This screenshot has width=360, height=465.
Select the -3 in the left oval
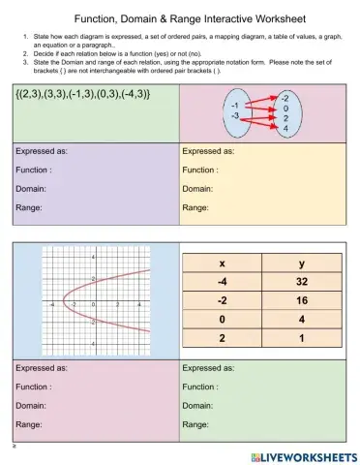[234, 113]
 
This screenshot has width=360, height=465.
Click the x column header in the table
[223, 264]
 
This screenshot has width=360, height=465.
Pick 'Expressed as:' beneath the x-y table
[208, 369]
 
